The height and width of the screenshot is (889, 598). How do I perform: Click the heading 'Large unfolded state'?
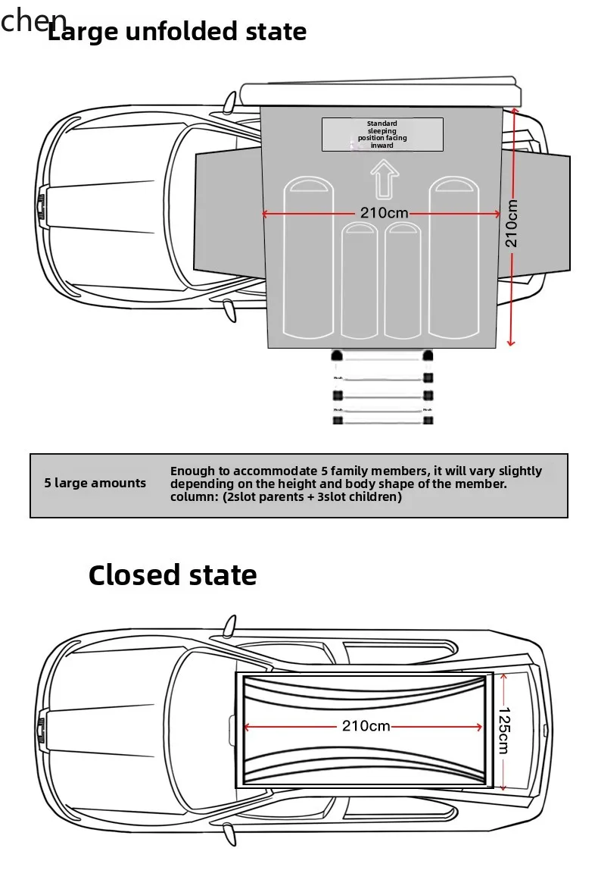click(177, 33)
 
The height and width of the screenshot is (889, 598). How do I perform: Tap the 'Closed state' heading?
click(173, 575)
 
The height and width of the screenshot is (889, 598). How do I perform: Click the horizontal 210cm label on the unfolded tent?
click(384, 214)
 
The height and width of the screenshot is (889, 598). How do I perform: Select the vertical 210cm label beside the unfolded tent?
click(512, 223)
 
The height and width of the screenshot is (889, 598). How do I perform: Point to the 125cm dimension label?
click(504, 731)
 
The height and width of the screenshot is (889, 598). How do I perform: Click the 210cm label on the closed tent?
click(366, 726)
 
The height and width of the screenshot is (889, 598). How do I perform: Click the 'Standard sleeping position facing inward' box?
click(382, 134)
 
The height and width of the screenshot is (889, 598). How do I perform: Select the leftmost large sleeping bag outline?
click(308, 258)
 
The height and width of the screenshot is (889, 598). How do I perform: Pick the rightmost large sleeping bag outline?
click(456, 258)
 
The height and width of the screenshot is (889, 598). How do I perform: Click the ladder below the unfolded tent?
click(382, 387)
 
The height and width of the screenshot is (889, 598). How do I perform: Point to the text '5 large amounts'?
click(95, 484)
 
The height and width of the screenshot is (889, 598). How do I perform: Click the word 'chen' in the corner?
click(33, 20)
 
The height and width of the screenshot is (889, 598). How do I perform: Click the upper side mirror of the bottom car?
click(229, 626)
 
